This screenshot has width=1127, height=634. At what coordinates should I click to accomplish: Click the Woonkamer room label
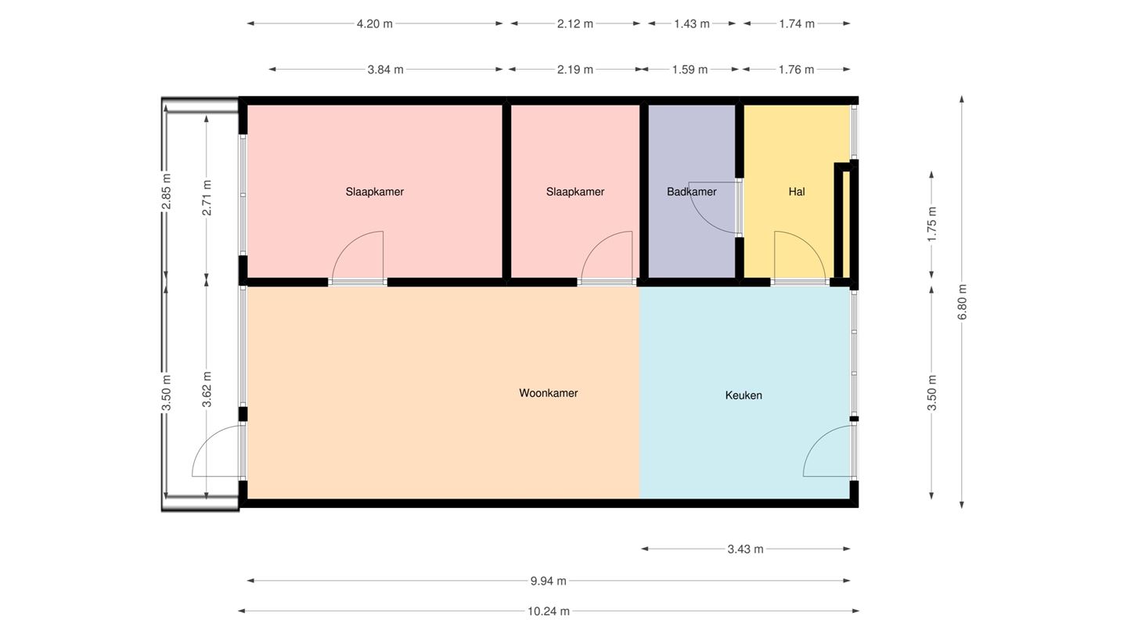(549, 393)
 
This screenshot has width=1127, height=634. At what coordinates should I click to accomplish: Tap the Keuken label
(744, 395)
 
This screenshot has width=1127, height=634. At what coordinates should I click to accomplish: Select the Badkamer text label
(691, 192)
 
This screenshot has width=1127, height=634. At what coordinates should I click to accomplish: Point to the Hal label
(797, 192)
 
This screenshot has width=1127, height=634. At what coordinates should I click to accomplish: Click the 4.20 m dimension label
(374, 23)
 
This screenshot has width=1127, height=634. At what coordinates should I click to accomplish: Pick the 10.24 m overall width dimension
(549, 611)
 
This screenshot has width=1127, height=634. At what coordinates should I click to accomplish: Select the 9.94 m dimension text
(549, 581)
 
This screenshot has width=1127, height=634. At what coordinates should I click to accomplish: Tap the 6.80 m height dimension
(962, 302)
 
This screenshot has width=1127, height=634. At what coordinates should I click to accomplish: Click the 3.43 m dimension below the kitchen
(745, 549)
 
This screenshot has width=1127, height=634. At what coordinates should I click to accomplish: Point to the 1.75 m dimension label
(932, 224)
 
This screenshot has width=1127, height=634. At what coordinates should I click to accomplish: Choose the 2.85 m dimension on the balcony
(167, 191)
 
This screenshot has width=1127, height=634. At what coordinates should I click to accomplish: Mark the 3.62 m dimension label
(207, 389)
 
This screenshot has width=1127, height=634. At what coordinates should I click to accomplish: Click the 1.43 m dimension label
(692, 23)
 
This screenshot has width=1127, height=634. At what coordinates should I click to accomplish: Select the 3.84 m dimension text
(385, 70)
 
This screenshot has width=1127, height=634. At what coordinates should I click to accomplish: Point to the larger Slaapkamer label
(374, 192)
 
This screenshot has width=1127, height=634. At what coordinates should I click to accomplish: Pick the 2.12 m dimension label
(574, 23)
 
